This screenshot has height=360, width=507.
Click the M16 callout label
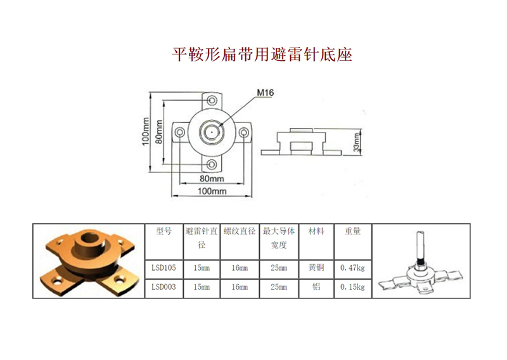coord(265,93)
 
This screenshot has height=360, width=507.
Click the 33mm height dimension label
coord(356,143)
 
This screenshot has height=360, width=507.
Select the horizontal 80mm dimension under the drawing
coord(212,178)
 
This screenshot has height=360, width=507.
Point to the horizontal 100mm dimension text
coord(212,191)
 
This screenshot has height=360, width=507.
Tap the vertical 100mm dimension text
coord(146,131)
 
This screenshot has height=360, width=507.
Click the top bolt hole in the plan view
coord(212,100)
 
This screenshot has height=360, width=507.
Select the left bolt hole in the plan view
coord(180,132)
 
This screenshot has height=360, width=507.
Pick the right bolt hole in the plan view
coord(244,132)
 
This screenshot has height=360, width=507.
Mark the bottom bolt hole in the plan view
coord(212,164)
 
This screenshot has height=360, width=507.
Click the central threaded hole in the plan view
coord(212,132)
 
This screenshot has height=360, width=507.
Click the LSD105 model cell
coord(164,268)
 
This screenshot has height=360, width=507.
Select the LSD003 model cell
coord(164,287)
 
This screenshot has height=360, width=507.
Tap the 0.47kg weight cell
coord(352,268)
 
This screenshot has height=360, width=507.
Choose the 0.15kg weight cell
coord(352,287)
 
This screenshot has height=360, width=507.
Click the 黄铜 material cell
coord(316,267)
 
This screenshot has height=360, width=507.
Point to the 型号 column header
coord(164,231)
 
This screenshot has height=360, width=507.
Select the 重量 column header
coord(352,231)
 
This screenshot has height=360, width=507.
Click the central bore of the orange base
coord(89,238)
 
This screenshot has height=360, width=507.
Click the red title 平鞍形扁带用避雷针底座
coord(262,55)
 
